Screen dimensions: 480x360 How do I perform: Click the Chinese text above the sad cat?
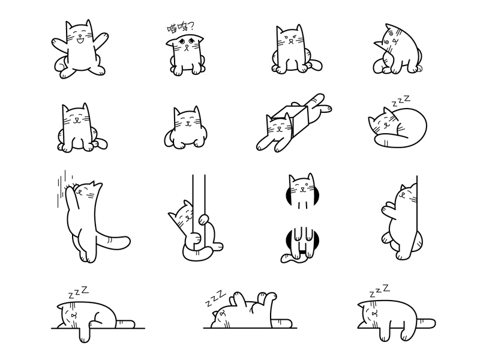pyautogui.click(x=180, y=28)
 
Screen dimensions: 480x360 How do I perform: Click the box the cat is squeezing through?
pyautogui.click(x=291, y=120)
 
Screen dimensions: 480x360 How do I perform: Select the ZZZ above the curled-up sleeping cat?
pyautogui.click(x=401, y=101)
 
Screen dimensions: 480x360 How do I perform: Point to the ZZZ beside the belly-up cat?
pyautogui.click(x=215, y=298)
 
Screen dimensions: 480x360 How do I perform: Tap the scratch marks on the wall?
pyautogui.click(x=64, y=187)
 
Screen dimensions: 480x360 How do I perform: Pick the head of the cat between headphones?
pyautogui.click(x=302, y=187)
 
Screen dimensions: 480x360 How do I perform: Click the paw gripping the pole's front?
pyautogui.click(x=194, y=238)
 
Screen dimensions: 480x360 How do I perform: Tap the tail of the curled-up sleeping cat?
pyautogui.click(x=389, y=141)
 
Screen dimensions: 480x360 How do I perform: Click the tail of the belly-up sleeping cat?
pyautogui.click(x=281, y=323)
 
